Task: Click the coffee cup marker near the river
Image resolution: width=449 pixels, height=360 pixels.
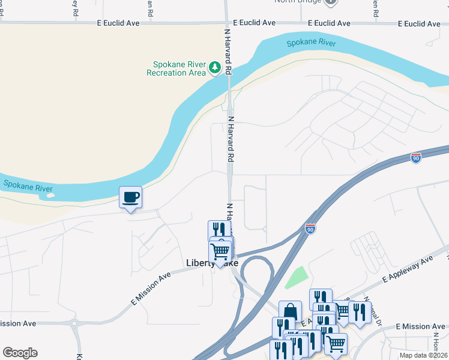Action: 130,197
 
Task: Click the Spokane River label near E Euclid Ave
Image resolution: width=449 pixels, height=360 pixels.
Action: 311,43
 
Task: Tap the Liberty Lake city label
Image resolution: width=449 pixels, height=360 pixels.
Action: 212,263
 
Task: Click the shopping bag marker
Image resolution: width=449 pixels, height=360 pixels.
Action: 290,311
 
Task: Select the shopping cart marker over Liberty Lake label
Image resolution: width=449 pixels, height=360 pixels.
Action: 220,253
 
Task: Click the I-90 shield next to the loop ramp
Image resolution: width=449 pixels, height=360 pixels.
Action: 310,229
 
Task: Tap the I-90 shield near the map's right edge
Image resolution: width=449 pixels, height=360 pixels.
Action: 416,158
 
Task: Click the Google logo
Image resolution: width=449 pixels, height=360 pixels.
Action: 20,353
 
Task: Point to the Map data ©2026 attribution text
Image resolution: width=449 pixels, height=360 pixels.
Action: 423,355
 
